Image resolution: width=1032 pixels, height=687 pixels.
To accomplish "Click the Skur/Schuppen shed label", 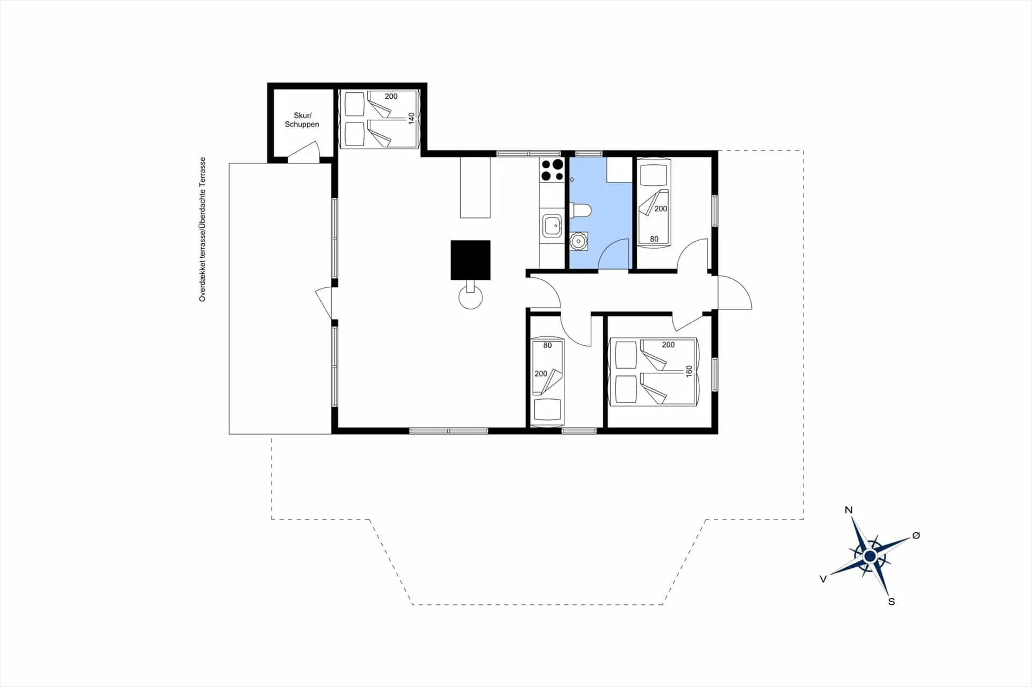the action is (x=302, y=120).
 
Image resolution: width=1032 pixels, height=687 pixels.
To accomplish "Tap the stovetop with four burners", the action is (x=552, y=170).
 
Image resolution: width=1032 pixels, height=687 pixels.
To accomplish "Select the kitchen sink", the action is (x=552, y=226).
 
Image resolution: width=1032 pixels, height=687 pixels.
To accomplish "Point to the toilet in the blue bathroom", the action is (x=580, y=210).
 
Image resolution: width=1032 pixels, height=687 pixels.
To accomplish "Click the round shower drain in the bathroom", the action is (x=578, y=242).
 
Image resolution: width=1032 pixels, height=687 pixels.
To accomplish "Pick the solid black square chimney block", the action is (x=470, y=260).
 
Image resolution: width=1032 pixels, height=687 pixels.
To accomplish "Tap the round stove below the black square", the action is (x=471, y=297).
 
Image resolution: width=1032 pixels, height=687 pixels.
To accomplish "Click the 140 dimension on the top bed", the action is (x=411, y=118).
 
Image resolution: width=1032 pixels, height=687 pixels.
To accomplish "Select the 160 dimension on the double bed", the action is (x=689, y=371).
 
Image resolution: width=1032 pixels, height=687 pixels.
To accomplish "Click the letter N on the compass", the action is (x=848, y=510).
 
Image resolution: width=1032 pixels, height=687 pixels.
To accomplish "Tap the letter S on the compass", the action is (x=892, y=602).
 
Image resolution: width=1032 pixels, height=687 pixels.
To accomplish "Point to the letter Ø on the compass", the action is (x=916, y=536).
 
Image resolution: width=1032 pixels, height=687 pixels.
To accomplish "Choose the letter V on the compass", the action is (x=823, y=579).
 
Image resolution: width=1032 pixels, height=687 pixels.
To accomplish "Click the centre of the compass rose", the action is (x=870, y=555).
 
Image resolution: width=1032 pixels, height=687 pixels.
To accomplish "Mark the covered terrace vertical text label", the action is (x=203, y=229).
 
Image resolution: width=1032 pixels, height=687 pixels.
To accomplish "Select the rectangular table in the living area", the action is (x=475, y=187).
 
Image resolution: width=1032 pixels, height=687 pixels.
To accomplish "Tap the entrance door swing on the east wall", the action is (x=735, y=292).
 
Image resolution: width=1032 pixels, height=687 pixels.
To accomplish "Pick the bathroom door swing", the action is (x=613, y=254).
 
